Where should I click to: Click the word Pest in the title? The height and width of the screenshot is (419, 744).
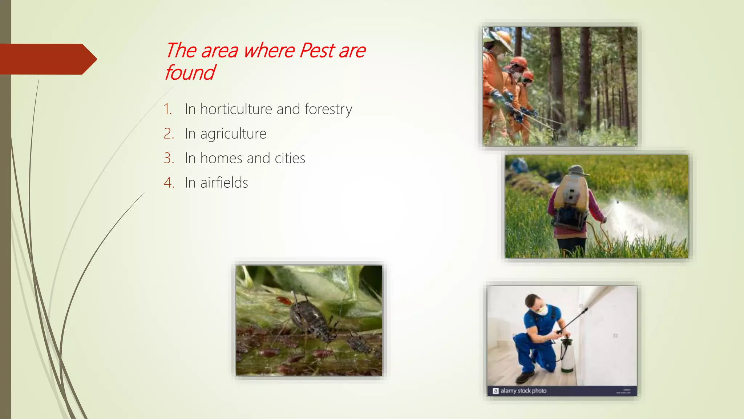(x=317, y=51)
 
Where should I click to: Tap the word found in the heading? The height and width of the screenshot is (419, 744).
(x=190, y=73)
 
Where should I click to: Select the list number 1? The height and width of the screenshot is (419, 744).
(x=167, y=109)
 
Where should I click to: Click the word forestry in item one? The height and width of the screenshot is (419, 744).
(x=328, y=109)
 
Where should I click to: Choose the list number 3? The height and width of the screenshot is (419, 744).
(x=169, y=158)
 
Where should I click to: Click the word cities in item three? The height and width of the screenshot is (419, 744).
(x=290, y=158)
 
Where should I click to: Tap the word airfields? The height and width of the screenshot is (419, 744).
(x=224, y=183)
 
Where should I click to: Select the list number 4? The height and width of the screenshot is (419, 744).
(x=169, y=183)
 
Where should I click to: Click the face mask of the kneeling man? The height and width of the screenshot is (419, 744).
(x=542, y=310)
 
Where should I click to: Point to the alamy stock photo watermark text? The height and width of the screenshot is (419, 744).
(x=523, y=391)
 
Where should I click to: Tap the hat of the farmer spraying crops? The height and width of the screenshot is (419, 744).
(x=577, y=170)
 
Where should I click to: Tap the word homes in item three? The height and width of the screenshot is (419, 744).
(x=221, y=158)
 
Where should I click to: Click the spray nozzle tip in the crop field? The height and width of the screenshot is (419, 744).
(x=617, y=202)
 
